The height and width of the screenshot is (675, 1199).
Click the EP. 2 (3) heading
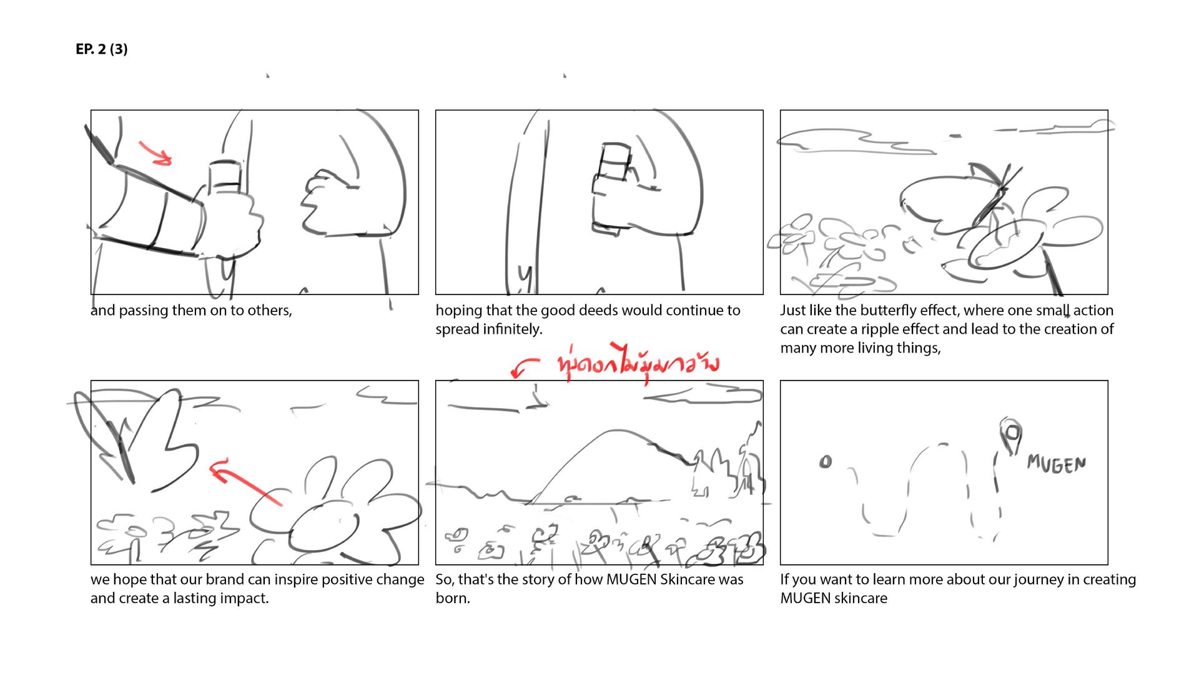101,49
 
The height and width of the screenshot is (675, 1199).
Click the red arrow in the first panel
155,154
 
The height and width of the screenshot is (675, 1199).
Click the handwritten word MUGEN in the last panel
1056,464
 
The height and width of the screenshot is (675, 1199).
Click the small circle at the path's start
826,462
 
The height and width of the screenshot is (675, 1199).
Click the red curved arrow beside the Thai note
523,367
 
